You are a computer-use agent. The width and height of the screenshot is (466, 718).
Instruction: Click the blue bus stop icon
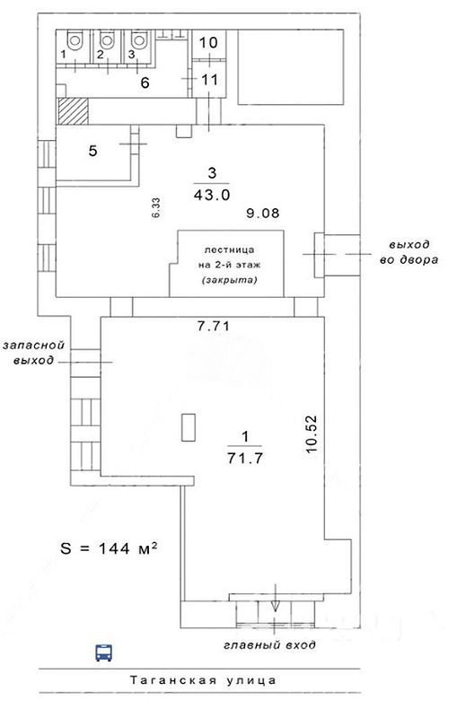(103, 652)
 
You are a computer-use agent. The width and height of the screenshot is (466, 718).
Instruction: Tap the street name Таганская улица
(203, 680)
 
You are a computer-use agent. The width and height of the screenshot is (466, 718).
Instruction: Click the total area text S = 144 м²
(109, 547)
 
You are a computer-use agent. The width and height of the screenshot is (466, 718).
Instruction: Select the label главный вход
(270, 645)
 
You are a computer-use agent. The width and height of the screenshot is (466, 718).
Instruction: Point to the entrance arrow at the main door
(275, 598)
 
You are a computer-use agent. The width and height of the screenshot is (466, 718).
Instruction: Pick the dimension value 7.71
(213, 327)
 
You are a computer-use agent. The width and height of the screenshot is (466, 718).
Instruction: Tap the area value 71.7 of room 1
(245, 458)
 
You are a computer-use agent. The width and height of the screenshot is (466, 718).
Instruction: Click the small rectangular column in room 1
(189, 427)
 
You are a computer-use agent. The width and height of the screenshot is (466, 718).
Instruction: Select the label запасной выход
(33, 353)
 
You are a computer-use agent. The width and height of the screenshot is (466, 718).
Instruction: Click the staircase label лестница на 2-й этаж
(229, 258)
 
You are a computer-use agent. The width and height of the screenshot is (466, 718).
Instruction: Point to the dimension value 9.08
(262, 213)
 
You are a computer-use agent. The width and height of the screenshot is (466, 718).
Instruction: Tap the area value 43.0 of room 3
(212, 195)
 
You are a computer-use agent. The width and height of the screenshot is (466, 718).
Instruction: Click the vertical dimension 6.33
(156, 207)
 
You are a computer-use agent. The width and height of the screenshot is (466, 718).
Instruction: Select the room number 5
(93, 151)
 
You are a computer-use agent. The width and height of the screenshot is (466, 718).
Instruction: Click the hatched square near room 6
(73, 111)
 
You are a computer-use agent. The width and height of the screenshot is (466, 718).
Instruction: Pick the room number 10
(208, 42)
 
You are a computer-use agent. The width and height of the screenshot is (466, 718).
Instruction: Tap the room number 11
(209, 80)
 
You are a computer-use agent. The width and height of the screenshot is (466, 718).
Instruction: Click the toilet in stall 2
(107, 39)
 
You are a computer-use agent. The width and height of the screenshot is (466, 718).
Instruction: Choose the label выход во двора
(409, 252)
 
